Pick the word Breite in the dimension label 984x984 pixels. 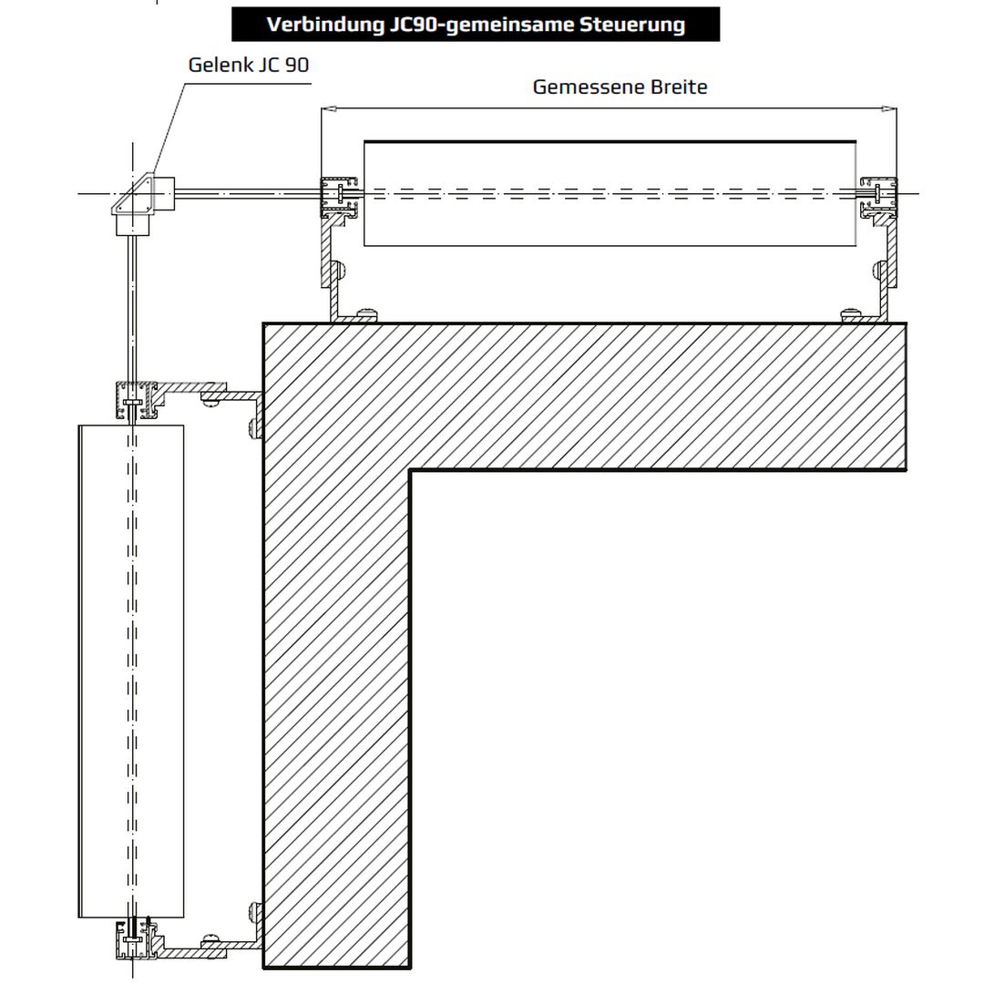point(679,87)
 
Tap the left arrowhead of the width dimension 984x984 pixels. point(326,108)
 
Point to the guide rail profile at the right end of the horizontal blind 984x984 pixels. point(878,197)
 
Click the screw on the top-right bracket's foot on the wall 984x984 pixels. point(851,313)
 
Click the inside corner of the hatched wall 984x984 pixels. point(410,470)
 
